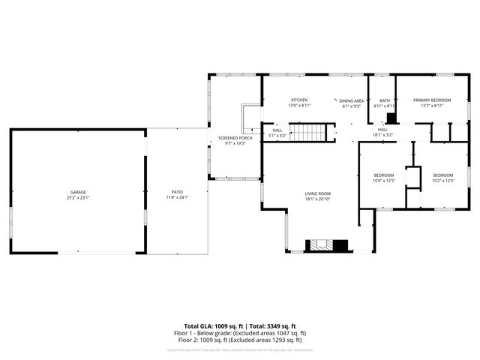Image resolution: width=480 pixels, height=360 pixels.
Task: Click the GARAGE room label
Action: pyautogui.click(x=78, y=192)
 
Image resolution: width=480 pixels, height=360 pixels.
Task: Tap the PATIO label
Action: pyautogui.click(x=177, y=192)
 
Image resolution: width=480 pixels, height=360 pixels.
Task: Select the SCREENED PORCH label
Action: pyautogui.click(x=235, y=138)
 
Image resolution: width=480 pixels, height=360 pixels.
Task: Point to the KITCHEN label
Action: pyautogui.click(x=299, y=100)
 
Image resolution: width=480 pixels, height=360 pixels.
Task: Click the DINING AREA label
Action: pyautogui.click(x=351, y=100)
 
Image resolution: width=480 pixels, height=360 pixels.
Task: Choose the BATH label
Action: pyautogui.click(x=385, y=100)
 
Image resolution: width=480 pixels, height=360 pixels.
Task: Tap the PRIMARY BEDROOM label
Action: pyautogui.click(x=432, y=100)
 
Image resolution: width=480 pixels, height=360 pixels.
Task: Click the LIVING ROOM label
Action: pyautogui.click(x=317, y=193)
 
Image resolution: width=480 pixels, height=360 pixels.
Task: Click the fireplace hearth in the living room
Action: pyautogui.click(x=327, y=244)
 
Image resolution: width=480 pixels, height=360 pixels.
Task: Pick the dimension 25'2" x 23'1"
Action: pyautogui.click(x=78, y=197)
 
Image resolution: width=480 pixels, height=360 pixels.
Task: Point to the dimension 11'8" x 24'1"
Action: pyautogui.click(x=177, y=197)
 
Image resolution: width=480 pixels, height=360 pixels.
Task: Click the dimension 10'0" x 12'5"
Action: pyautogui.click(x=383, y=181)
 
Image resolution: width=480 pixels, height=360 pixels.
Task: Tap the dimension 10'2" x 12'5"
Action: pyautogui.click(x=442, y=181)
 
